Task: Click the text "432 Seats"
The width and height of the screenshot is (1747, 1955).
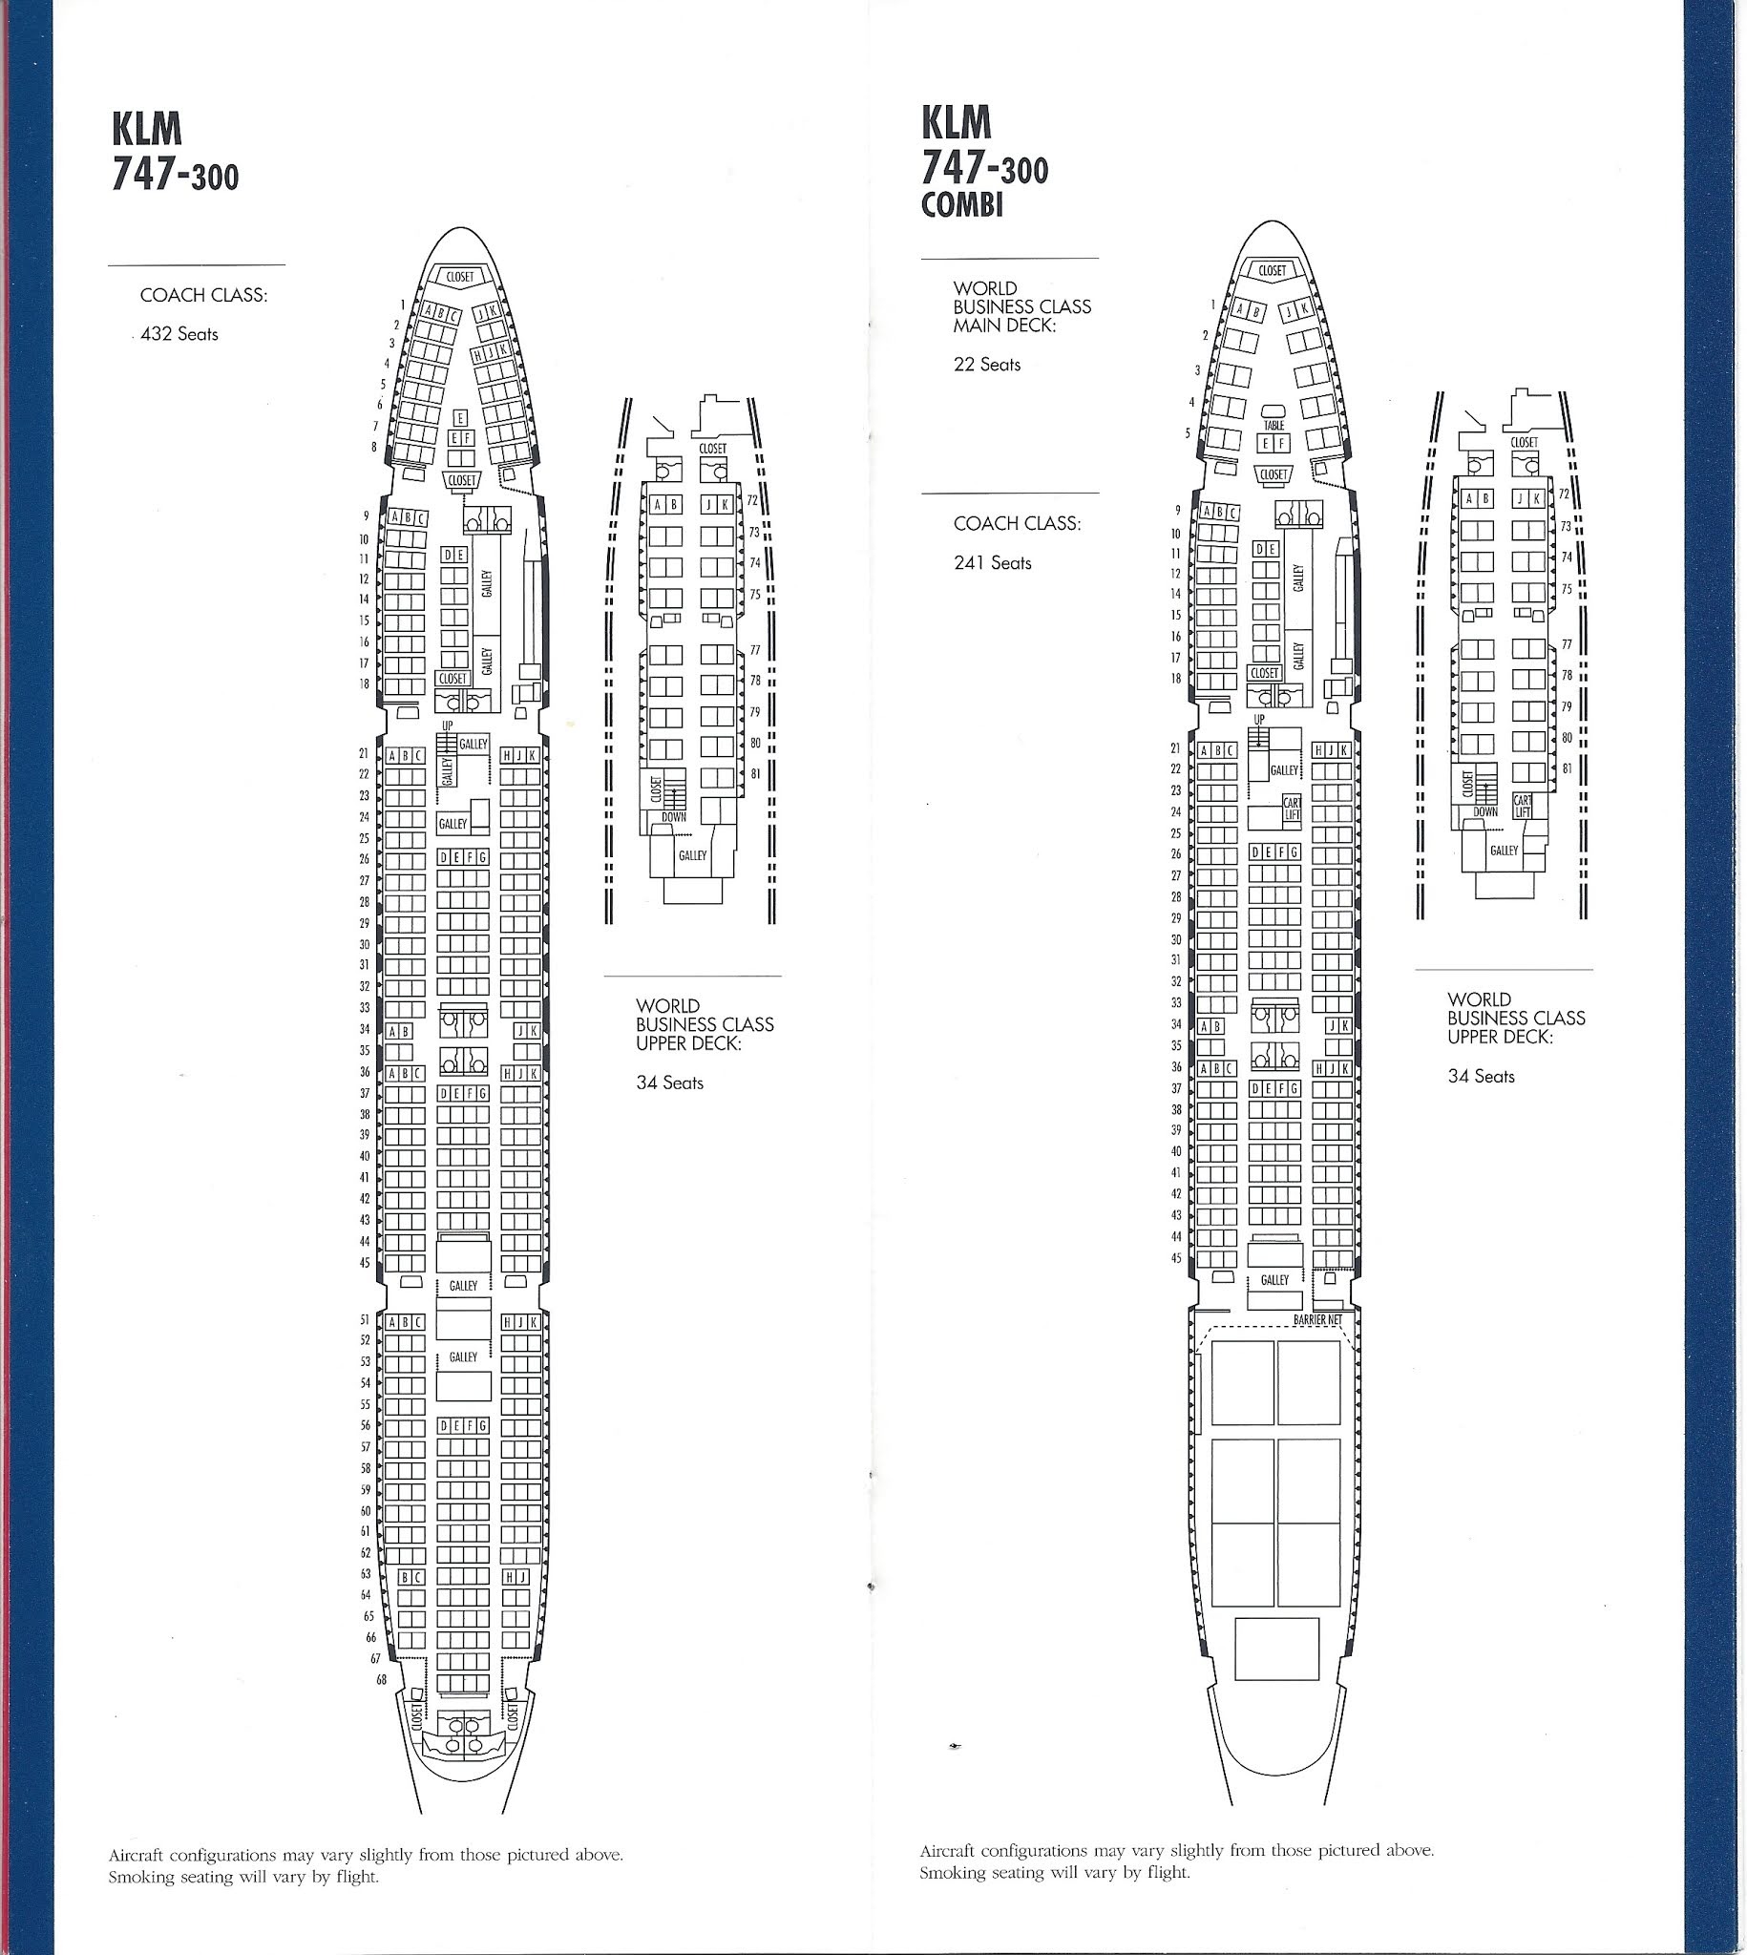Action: click(x=179, y=334)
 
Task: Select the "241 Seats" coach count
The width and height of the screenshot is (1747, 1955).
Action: click(x=992, y=562)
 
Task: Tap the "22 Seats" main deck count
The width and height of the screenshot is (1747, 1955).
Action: click(x=986, y=364)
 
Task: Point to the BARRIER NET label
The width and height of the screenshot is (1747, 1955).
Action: click(x=1317, y=1319)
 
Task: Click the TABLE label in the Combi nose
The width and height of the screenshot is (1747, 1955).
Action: click(x=1273, y=425)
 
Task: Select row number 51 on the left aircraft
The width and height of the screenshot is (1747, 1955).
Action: click(x=365, y=1319)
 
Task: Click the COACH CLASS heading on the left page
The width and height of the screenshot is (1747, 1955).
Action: click(x=203, y=295)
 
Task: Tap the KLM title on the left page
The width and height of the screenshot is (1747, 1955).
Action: click(x=146, y=130)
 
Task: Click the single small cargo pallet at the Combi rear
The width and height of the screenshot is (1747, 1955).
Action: click(x=1275, y=1648)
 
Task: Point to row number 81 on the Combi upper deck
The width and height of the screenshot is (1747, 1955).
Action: click(x=1567, y=768)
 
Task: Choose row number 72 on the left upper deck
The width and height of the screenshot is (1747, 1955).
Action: click(x=752, y=500)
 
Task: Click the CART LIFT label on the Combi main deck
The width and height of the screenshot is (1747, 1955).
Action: click(x=1292, y=809)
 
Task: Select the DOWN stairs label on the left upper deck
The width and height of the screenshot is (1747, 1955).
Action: click(x=673, y=817)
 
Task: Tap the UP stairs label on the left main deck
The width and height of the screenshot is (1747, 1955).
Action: click(x=447, y=725)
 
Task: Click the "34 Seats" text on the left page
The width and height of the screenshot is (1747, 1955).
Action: click(x=669, y=1083)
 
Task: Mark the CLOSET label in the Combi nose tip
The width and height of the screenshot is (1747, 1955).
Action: click(x=1272, y=271)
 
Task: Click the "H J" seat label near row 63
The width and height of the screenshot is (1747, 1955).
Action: click(x=516, y=1576)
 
